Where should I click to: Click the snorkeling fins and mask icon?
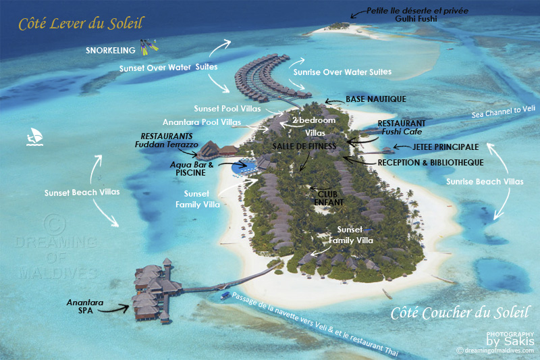click(x=149, y=47)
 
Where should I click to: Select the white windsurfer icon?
click(x=34, y=137)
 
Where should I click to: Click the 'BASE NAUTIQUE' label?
click(x=376, y=99)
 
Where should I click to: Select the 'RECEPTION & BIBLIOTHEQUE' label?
click(x=430, y=163)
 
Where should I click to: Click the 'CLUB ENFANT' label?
click(x=330, y=197)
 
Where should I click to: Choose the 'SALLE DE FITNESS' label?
click(x=304, y=146)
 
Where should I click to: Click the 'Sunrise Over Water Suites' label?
click(x=342, y=72)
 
